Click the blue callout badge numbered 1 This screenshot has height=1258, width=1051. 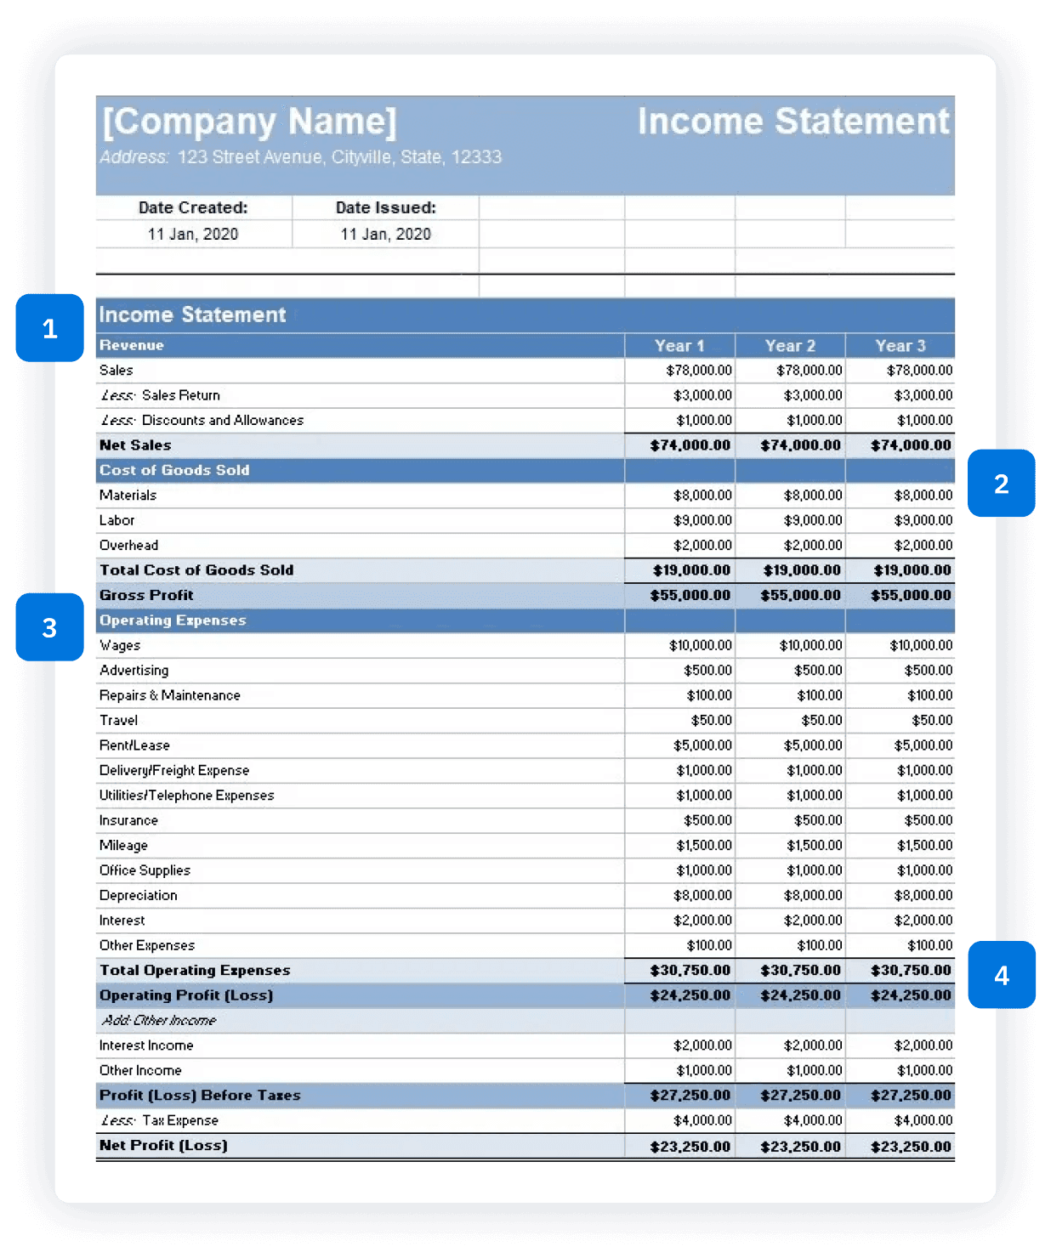click(49, 328)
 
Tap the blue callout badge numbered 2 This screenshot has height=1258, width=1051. click(1001, 483)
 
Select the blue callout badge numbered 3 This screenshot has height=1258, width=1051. click(49, 627)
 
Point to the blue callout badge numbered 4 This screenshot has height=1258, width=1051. click(1001, 975)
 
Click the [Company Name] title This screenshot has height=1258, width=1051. click(249, 122)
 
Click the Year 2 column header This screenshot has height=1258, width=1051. click(790, 346)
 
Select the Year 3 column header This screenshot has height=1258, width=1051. click(900, 346)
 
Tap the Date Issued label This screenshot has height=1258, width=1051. click(385, 207)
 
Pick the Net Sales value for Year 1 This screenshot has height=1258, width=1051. click(690, 445)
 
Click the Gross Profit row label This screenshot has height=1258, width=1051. click(146, 595)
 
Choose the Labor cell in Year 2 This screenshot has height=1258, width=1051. click(812, 520)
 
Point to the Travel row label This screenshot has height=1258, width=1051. click(118, 720)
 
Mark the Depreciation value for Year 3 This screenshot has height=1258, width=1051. click(923, 895)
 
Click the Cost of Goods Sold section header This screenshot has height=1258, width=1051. click(174, 470)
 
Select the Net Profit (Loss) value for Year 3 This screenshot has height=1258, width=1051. click(910, 1146)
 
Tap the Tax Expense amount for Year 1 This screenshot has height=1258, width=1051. click(702, 1120)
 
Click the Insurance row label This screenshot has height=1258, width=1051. click(128, 820)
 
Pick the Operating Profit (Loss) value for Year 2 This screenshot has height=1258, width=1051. click(800, 995)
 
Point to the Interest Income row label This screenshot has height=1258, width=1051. click(146, 1045)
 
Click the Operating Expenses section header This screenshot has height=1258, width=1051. click(173, 620)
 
